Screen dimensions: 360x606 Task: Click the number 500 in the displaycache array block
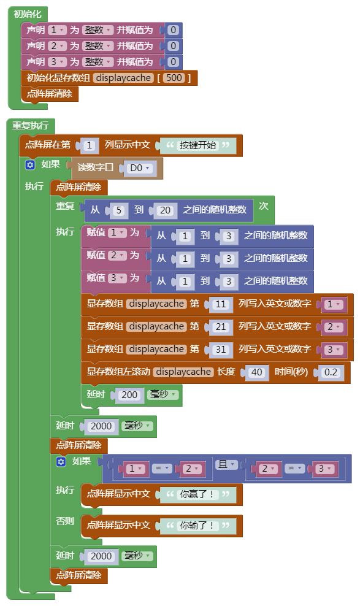coord(174,78)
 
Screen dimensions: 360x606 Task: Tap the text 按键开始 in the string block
coord(197,145)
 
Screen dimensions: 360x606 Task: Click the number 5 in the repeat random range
coord(118,210)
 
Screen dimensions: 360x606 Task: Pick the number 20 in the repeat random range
coord(165,210)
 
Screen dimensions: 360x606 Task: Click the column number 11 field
coord(221,304)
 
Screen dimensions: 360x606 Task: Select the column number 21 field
coord(221,327)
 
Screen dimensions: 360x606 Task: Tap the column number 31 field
coord(221,350)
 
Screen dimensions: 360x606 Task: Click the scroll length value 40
coord(256,372)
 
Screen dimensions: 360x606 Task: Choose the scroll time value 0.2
coord(331,372)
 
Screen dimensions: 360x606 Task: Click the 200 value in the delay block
coord(129,395)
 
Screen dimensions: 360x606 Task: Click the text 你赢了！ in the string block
coord(197,494)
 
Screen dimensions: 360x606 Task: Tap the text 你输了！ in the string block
coord(197,526)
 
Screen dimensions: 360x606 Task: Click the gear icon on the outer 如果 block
coord(29,165)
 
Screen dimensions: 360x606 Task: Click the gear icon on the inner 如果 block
coord(61,461)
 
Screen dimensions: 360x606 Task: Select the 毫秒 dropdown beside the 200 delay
coord(163,394)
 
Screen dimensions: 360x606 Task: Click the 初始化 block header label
coord(27,14)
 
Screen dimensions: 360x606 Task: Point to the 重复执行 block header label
coord(30,126)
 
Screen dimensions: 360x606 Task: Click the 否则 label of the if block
coord(65,521)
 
